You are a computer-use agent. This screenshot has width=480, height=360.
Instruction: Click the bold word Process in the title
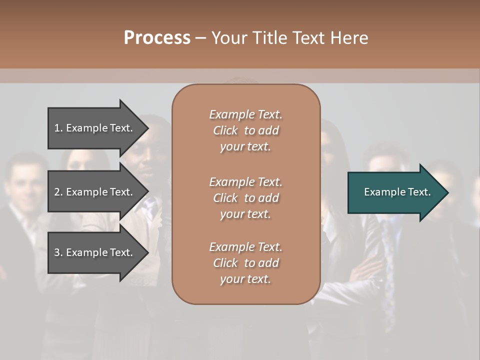click(157, 38)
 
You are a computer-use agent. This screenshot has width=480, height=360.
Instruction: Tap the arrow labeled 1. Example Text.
click(95, 128)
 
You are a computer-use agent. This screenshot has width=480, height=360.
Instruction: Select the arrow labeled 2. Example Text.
click(95, 192)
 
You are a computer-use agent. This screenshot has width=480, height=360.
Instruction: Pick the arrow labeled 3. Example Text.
click(95, 252)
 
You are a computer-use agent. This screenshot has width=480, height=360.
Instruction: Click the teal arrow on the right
click(395, 192)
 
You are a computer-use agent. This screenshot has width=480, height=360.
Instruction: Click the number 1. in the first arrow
click(58, 128)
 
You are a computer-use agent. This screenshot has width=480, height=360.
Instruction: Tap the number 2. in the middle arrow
click(58, 192)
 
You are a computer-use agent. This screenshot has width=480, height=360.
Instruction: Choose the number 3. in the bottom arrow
click(58, 252)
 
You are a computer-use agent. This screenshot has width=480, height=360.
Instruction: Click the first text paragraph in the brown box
click(245, 130)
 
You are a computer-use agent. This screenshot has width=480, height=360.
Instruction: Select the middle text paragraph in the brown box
click(245, 198)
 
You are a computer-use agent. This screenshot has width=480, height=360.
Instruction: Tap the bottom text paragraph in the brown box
click(245, 263)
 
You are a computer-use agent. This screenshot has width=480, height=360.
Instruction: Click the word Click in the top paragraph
click(225, 130)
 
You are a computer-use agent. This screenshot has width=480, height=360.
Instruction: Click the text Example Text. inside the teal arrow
click(397, 192)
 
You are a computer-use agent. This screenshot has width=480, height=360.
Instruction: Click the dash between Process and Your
click(200, 38)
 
